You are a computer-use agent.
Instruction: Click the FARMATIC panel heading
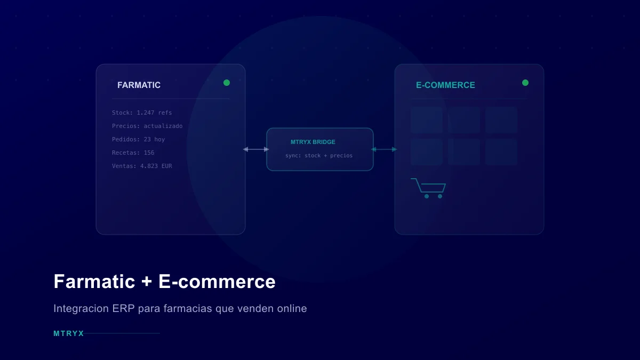[139, 85]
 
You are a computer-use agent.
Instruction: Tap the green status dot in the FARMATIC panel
[227, 83]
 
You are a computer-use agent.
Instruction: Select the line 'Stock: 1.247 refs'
[142, 113]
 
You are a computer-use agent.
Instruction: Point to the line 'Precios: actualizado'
[147, 126]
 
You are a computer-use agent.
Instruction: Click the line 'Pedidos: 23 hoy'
[138, 140]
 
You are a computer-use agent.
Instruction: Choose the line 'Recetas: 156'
[133, 153]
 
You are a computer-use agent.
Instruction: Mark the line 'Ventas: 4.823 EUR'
[142, 166]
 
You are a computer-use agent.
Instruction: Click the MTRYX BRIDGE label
[313, 142]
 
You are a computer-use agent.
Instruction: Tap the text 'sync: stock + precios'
[319, 156]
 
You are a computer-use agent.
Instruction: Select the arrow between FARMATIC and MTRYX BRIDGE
[256, 149]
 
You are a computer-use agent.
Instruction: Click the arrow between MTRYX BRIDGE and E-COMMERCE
[384, 149]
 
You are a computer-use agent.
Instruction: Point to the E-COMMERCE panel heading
[445, 85]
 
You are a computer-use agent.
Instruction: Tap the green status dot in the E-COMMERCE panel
[525, 83]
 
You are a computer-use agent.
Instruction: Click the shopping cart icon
[429, 188]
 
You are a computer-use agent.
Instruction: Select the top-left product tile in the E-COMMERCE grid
[427, 120]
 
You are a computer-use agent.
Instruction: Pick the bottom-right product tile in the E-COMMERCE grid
[501, 152]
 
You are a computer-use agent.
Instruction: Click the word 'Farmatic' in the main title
[94, 282]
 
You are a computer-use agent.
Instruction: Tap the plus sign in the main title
[147, 282]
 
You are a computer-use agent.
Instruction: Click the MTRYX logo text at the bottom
[69, 333]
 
